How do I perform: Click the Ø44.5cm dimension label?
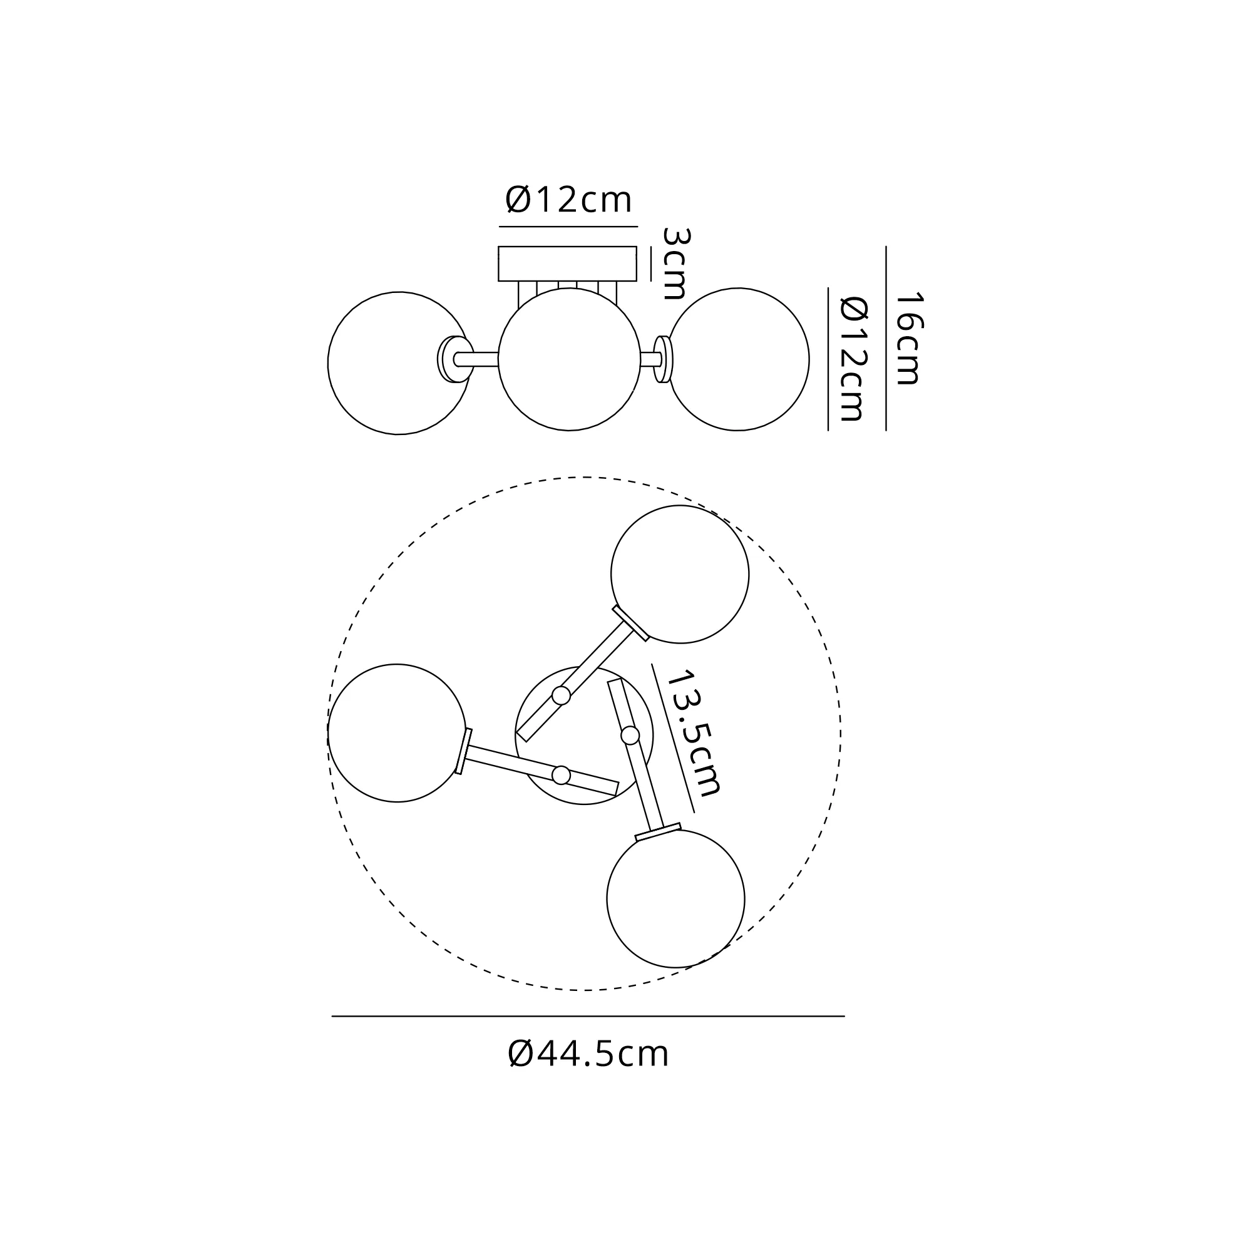click(588, 1054)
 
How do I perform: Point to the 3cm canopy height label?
click(675, 264)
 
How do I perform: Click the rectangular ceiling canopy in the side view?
click(567, 264)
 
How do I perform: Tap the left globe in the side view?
click(399, 363)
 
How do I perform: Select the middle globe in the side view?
click(569, 359)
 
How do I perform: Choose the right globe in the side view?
click(738, 359)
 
